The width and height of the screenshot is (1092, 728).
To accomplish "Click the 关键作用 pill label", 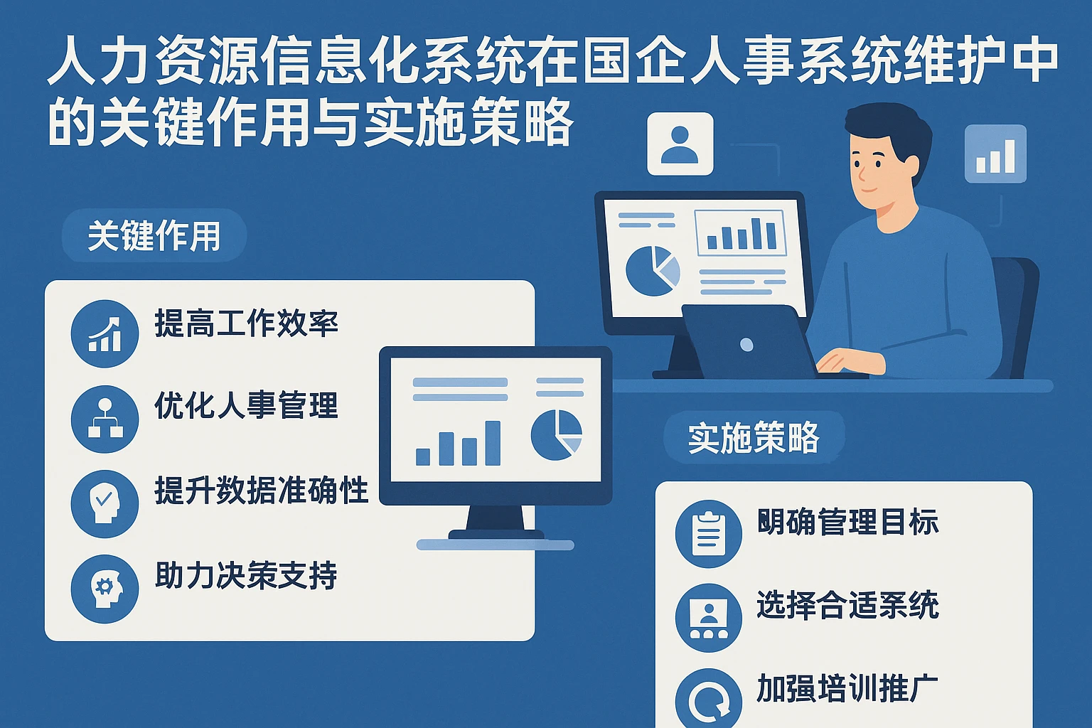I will pyautogui.click(x=154, y=235).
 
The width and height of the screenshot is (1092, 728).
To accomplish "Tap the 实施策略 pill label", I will pyautogui.click(x=754, y=437).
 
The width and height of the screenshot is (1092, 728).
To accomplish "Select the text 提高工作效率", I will pyautogui.click(x=246, y=323).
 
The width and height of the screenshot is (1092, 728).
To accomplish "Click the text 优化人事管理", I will pyautogui.click(x=246, y=406).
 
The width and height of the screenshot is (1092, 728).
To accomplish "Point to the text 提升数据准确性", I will pyautogui.click(x=261, y=491).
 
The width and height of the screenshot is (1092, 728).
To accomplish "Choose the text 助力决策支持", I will pyautogui.click(x=246, y=575).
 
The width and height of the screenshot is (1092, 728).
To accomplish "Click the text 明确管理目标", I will pyautogui.click(x=847, y=522).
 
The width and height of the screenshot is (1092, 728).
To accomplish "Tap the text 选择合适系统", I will pyautogui.click(x=847, y=605).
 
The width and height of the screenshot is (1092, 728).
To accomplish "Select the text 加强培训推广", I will pyautogui.click(x=847, y=688).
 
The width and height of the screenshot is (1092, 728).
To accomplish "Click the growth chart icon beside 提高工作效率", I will pyautogui.click(x=105, y=334).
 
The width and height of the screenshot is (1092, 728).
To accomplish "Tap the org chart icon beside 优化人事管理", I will pyautogui.click(x=105, y=419).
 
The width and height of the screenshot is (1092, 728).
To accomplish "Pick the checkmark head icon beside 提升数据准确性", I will pyautogui.click(x=105, y=503).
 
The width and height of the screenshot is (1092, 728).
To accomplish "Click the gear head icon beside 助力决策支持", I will pyautogui.click(x=105, y=589).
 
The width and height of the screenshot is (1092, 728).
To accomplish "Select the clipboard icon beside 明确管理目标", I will pyautogui.click(x=708, y=533).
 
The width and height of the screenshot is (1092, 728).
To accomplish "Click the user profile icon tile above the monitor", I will pyautogui.click(x=680, y=144).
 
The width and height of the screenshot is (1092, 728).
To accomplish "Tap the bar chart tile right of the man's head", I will pyautogui.click(x=995, y=154).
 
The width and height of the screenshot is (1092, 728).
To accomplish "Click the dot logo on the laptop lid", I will pyautogui.click(x=746, y=345).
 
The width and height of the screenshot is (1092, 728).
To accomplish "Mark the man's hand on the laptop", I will pyautogui.click(x=850, y=360).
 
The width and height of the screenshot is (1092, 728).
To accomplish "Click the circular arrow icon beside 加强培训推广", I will pyautogui.click(x=708, y=700).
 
